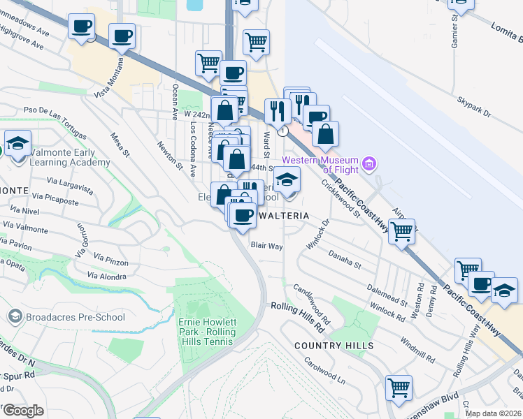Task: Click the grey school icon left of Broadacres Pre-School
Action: (x=15, y=317)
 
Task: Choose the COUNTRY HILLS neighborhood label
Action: (x=334, y=346)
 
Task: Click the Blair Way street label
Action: (x=266, y=246)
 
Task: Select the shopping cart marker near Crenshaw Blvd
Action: (x=399, y=388)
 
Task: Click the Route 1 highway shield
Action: (x=282, y=131)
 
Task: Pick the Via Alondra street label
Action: (x=107, y=276)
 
